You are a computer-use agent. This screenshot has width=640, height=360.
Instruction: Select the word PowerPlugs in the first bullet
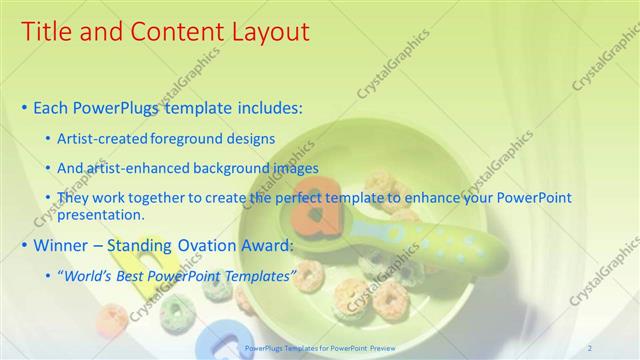pos(118,106)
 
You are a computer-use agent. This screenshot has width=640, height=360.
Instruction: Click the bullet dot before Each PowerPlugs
pos(24,107)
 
